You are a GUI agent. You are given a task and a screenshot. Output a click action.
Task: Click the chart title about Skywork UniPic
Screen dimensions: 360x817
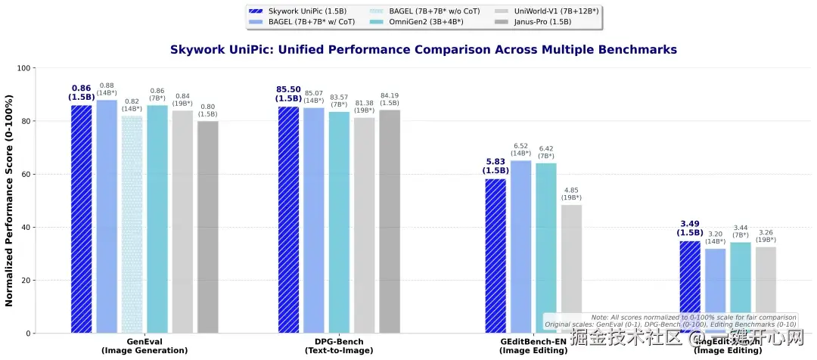[x=424, y=49]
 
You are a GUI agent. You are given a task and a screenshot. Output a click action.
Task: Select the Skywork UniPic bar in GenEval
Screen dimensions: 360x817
[x=81, y=219]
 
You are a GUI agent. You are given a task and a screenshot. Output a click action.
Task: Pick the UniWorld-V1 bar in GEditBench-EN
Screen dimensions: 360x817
[x=571, y=268]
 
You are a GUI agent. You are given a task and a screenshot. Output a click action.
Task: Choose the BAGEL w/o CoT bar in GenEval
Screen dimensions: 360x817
[x=132, y=224]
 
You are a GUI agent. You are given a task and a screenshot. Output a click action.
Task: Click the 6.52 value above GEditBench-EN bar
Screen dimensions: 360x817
[x=520, y=146]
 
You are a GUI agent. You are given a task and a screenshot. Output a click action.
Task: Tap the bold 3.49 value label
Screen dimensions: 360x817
[x=689, y=224]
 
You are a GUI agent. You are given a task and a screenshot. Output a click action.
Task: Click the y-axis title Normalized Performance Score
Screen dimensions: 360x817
[x=9, y=200]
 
